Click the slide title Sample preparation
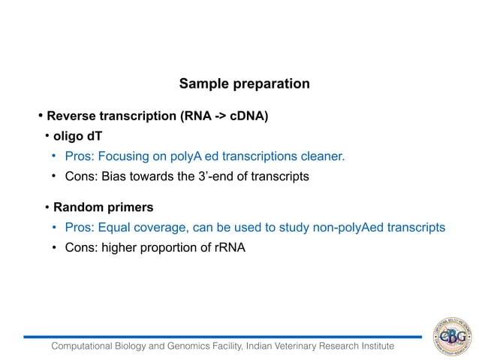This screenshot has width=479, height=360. pyautogui.click(x=244, y=83)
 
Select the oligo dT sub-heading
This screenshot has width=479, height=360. pyautogui.click(x=77, y=137)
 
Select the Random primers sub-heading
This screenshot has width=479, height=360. pyautogui.click(x=103, y=207)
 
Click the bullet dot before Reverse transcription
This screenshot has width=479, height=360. pyautogui.click(x=41, y=116)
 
